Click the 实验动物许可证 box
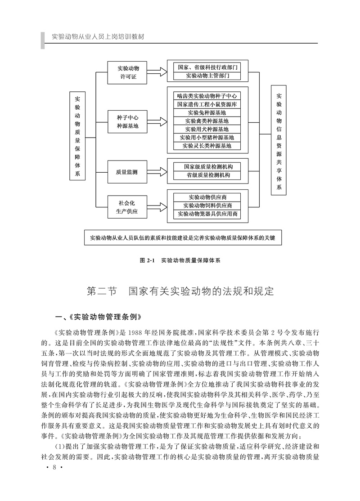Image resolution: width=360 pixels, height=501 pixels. [x=128, y=72]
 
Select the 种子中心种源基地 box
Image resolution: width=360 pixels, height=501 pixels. [x=128, y=122]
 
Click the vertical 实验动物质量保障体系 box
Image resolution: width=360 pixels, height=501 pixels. [x=77, y=136]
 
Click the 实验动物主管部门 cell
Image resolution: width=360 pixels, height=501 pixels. [x=207, y=76]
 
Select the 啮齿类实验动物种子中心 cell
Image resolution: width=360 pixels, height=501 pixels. [x=207, y=96]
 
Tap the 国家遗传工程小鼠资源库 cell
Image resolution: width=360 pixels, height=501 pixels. [x=207, y=104]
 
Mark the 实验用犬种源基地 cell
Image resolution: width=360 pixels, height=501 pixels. [x=207, y=129]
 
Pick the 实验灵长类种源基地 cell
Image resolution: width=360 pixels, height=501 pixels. [x=207, y=146]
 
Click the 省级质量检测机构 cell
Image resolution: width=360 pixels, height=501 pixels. [x=207, y=175]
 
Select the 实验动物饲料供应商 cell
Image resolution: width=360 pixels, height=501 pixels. [x=207, y=206]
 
